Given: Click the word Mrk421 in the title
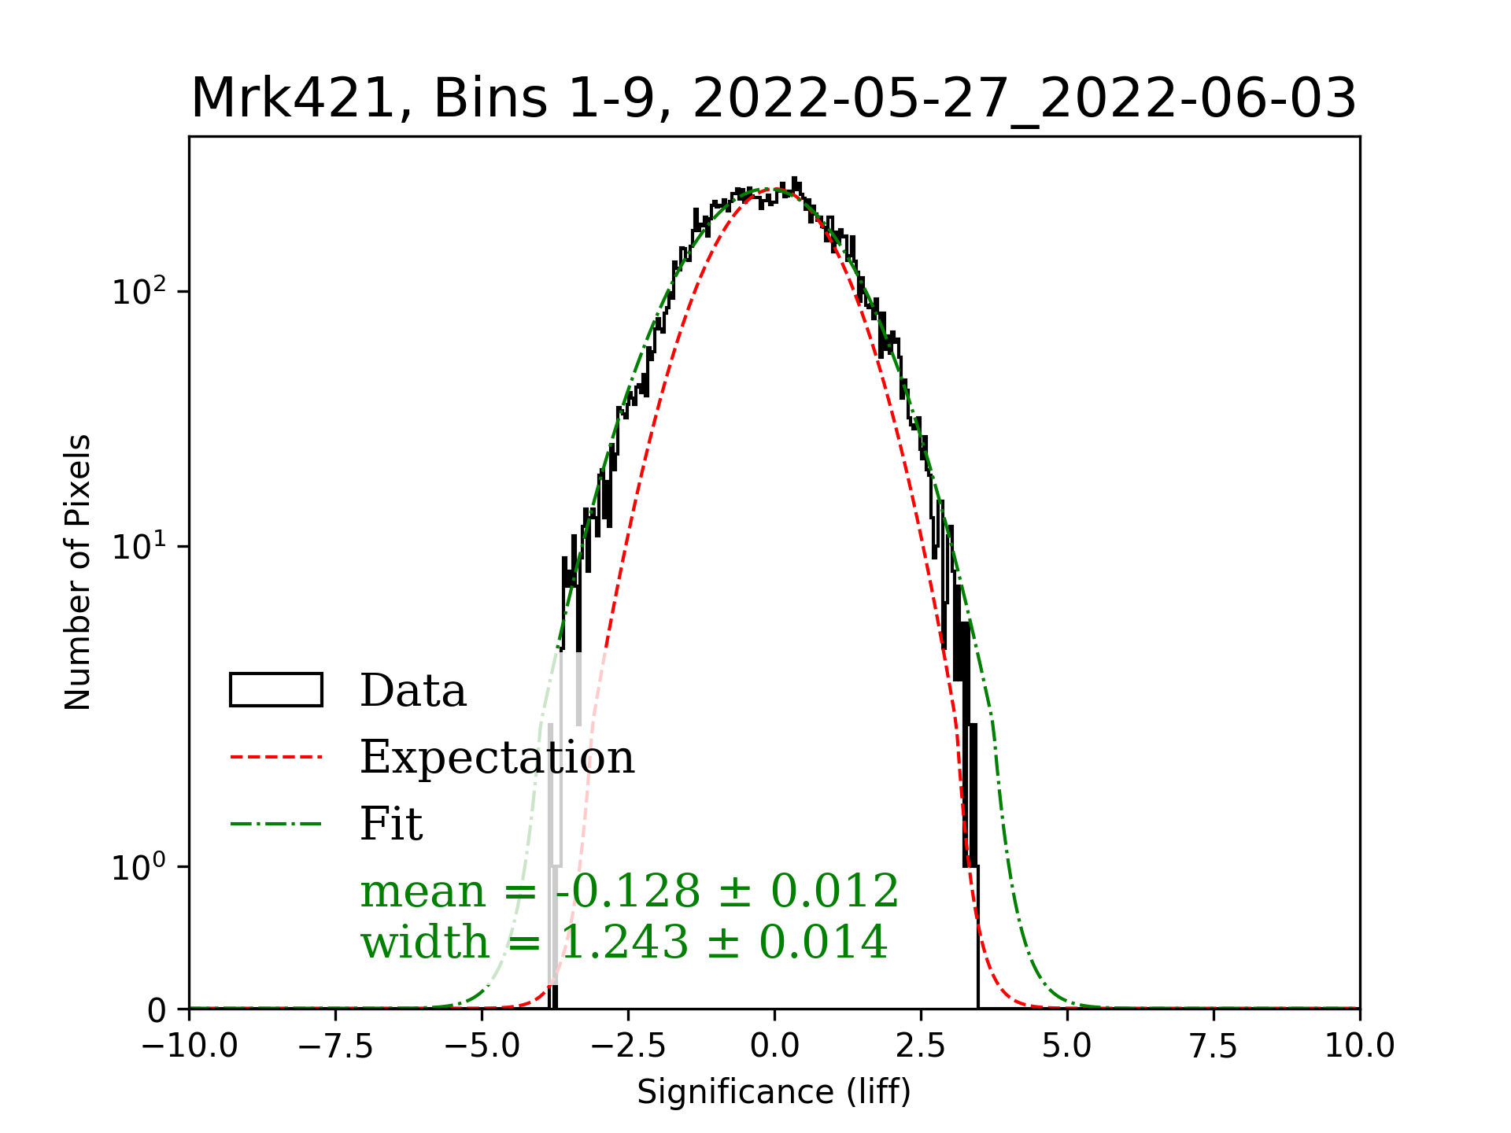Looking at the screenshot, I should coord(291,99).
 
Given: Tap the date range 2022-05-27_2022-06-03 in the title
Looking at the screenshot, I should coord(1024,99).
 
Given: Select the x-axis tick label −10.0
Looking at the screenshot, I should coord(190,1046).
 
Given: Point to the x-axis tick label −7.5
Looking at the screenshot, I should coord(336,1046).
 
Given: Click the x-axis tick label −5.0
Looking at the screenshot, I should coord(482,1046).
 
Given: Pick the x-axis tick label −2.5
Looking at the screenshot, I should coord(628,1046).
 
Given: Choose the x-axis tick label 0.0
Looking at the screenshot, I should coord(774,1046).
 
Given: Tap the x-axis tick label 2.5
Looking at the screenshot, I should coord(921,1046).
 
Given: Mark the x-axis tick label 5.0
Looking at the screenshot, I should coord(1067,1046).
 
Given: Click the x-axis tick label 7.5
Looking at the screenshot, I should coord(1214,1046).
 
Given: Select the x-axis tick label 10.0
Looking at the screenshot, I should coord(1360,1046).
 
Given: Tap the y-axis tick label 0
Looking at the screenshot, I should coord(157,1010).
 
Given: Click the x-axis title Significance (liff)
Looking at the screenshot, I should coord(774,1092).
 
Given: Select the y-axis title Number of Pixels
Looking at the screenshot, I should coord(78,572).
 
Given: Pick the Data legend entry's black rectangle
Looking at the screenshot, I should coord(276,690).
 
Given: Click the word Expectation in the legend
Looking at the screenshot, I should coord(497,757).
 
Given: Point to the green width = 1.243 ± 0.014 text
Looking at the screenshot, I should coord(624,942).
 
